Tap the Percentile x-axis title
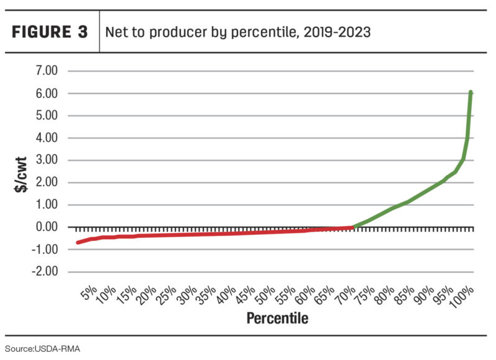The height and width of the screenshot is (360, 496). click(277, 319)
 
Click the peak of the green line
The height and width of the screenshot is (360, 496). click(471, 92)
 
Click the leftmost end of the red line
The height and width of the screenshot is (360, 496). click(77, 242)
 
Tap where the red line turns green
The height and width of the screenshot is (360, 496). click(353, 227)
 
